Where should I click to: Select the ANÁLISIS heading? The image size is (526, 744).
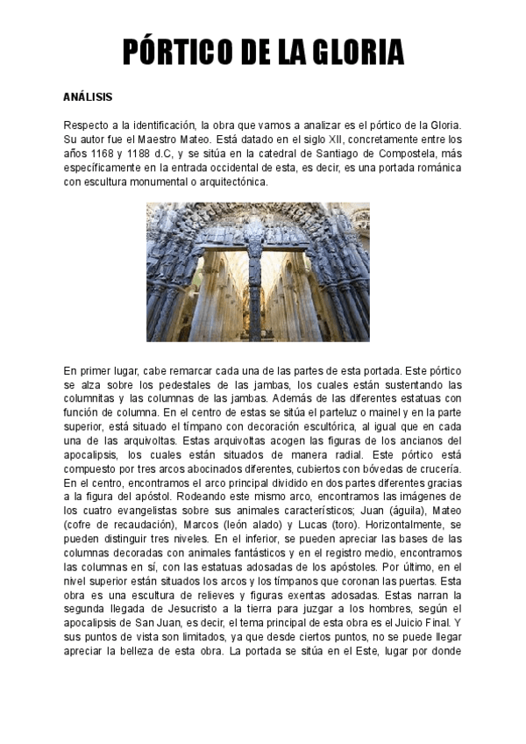tap(88, 96)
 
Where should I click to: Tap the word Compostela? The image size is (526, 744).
tap(414, 153)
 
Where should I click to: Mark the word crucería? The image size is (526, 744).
tap(437, 469)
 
